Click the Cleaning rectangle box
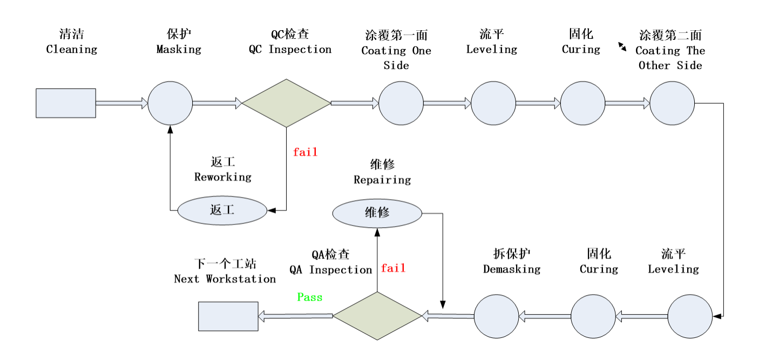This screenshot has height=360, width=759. (x=66, y=103)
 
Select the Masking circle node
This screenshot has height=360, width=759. (x=170, y=103)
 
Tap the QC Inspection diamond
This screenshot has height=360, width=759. (x=286, y=103)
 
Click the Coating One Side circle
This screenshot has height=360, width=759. (x=401, y=103)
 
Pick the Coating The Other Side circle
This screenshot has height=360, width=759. (x=672, y=103)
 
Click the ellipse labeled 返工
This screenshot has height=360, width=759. (x=222, y=210)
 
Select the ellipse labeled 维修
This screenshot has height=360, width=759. (x=377, y=213)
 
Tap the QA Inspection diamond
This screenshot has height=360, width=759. (x=377, y=316)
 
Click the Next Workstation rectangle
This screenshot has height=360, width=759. (x=228, y=316)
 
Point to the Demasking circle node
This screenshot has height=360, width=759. (x=496, y=316)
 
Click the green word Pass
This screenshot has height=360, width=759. (x=309, y=297)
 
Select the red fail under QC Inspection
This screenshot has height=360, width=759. (x=305, y=152)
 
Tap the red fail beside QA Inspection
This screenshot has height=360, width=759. (x=393, y=268)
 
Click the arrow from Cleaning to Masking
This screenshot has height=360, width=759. (x=121, y=103)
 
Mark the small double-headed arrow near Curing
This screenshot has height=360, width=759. (x=622, y=47)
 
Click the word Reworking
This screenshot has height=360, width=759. (x=222, y=177)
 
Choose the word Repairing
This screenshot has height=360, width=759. (x=382, y=180)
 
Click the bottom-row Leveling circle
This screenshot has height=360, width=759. (x=690, y=316)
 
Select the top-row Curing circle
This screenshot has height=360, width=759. (x=582, y=103)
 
